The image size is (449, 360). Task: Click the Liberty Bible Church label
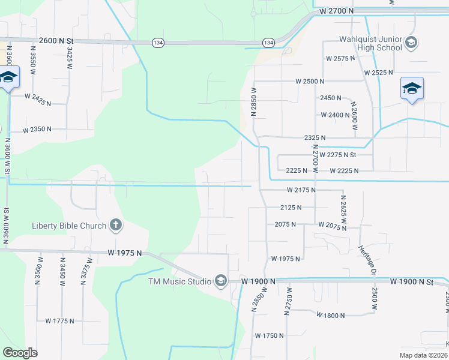[69, 226]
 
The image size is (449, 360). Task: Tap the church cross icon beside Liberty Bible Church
[116, 226]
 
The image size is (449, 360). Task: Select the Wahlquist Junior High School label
[370, 43]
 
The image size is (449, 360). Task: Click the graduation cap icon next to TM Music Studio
[221, 281]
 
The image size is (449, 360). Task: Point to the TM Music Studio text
[180, 281]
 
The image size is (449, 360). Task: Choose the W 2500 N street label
[310, 81]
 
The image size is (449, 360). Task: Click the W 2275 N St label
[338, 155]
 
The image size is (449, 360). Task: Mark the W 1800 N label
[331, 315]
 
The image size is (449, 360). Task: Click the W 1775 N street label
[59, 321]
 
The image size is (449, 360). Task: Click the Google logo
[20, 352]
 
